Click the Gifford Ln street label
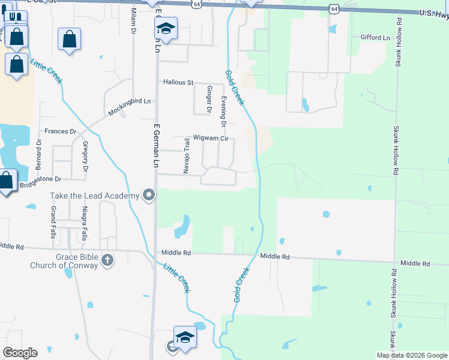(375, 37)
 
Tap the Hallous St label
(178, 82)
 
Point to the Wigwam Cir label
(211, 138)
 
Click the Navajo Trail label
(187, 154)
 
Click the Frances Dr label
(61, 131)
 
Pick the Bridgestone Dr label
(40, 179)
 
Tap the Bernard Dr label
(39, 155)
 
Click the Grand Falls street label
(53, 223)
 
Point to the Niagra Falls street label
(84, 223)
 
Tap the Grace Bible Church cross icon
(107, 260)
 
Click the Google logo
(20, 352)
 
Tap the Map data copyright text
(412, 355)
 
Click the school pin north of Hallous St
(166, 29)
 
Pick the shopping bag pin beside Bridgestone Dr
(7, 180)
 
